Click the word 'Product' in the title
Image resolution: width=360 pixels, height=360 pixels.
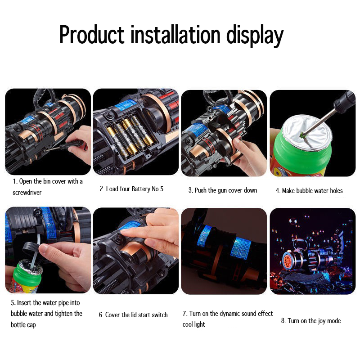click(x=91, y=35)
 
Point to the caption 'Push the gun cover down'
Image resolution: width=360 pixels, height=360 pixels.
click(x=223, y=190)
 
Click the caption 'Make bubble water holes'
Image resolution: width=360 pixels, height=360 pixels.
click(x=309, y=191)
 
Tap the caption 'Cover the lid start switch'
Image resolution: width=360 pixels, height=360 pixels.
click(x=133, y=315)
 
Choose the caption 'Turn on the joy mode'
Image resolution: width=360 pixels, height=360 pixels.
click(x=311, y=321)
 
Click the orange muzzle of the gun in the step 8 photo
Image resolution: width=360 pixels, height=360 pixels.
click(x=287, y=261)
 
